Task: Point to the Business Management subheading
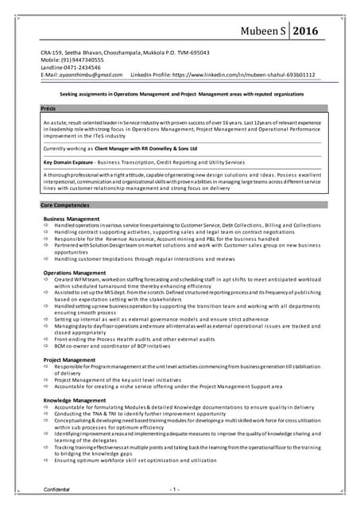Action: pos(71,218)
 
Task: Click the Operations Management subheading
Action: pos(74,273)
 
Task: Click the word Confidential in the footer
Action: pos(57,489)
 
